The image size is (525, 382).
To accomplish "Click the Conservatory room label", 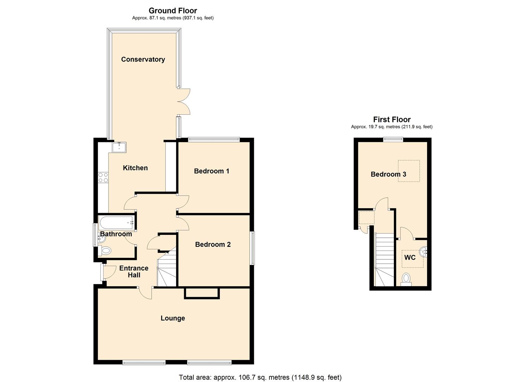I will pyautogui.click(x=143, y=59).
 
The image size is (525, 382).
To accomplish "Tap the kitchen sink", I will pyautogui.click(x=119, y=147).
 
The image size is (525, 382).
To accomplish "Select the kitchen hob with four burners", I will pyautogui.click(x=103, y=178).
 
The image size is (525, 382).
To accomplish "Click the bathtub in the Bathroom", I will pyautogui.click(x=117, y=223).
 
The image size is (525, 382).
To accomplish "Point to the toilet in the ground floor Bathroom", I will pyautogui.click(x=105, y=251).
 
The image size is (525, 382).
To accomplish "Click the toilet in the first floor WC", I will pyautogui.click(x=406, y=279).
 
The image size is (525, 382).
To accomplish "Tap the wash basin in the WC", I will pyautogui.click(x=423, y=252).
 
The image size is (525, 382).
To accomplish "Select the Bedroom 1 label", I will pyautogui.click(x=211, y=171).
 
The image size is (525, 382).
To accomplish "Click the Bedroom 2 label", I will pyautogui.click(x=213, y=244).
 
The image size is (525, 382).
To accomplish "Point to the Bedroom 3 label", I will pyautogui.click(x=388, y=174).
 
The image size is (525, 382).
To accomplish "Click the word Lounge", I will pyautogui.click(x=173, y=318).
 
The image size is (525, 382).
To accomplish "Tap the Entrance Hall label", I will pyautogui.click(x=134, y=272).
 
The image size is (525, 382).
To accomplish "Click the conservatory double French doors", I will pyautogui.click(x=184, y=102).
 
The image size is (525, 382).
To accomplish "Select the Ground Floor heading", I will pyautogui.click(x=173, y=11).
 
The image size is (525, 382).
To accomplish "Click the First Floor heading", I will pyautogui.click(x=392, y=120).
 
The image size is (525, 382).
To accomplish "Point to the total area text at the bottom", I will pyautogui.click(x=260, y=377).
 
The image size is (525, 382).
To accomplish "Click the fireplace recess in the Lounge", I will pyautogui.click(x=202, y=293).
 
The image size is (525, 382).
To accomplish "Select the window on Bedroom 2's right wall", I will pyautogui.click(x=252, y=248).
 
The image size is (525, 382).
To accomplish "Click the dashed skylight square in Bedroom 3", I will pyautogui.click(x=409, y=171).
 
